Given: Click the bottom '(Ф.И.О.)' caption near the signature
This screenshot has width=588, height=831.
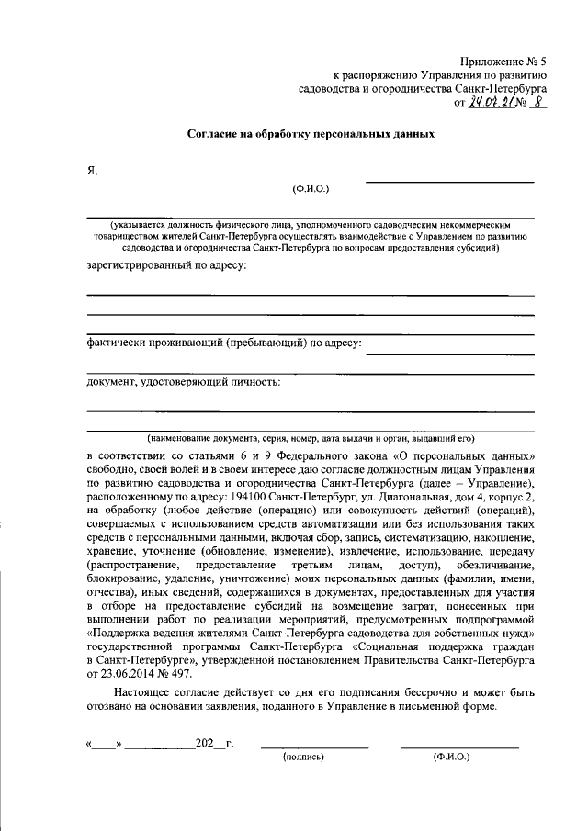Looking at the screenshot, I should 451,758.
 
